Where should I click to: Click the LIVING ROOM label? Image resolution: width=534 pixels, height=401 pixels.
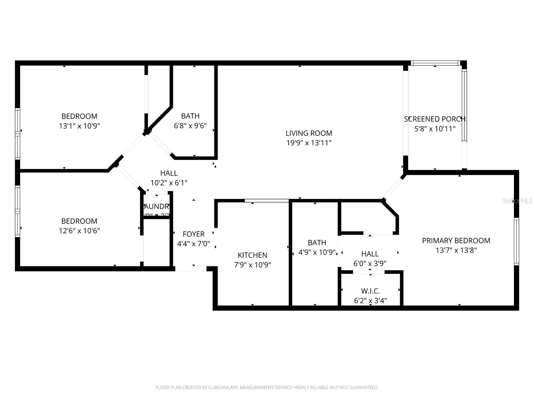[309, 133]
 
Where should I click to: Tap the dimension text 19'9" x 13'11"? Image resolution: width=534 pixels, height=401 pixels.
[309, 143]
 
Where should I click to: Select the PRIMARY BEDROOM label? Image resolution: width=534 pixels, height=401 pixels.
[456, 241]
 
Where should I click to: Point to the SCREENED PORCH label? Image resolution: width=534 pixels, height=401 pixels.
[435, 119]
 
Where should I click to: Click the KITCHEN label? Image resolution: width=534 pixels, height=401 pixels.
[252, 255]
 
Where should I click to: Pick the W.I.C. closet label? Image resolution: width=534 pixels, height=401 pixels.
[370, 291]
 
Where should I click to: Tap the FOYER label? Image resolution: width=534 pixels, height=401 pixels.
[194, 234]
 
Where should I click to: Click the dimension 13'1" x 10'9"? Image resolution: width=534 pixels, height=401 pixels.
[79, 126]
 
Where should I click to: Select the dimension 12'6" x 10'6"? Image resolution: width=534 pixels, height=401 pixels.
[79, 231]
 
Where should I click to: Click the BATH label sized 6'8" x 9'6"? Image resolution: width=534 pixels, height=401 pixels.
[190, 116]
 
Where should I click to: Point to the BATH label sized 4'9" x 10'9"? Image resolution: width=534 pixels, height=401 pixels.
[317, 243]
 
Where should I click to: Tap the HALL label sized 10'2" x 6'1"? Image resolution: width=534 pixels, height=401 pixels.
[169, 173]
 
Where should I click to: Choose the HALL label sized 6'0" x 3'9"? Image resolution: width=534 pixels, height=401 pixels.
[370, 254]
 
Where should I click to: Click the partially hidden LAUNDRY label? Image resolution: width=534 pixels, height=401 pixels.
[157, 207]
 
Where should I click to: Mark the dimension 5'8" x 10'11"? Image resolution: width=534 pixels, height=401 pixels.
[435, 129]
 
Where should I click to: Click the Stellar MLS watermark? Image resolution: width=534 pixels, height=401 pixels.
[517, 201]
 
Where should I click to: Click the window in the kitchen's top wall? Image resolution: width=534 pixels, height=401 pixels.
[267, 200]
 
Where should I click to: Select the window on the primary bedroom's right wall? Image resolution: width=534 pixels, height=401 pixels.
[516, 241]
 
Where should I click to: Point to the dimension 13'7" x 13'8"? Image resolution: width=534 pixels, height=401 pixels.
[456, 250]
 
